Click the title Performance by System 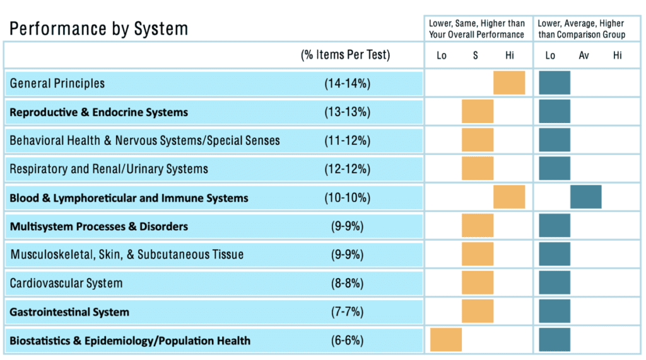point(98,29)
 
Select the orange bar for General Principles point(509,83)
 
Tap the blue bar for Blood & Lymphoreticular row point(585,197)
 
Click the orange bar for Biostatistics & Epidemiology point(446,339)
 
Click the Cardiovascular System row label point(66,283)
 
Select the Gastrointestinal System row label point(69,312)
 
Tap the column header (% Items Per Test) point(345,55)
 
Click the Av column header point(584,55)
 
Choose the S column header point(476,55)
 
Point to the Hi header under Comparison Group point(617,55)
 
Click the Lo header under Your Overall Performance point(442,55)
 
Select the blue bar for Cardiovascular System point(555,282)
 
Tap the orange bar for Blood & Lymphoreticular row point(509,197)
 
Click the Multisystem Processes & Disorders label point(98,226)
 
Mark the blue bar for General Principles point(555,83)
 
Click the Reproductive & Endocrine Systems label point(98,112)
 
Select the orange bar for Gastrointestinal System point(478,311)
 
